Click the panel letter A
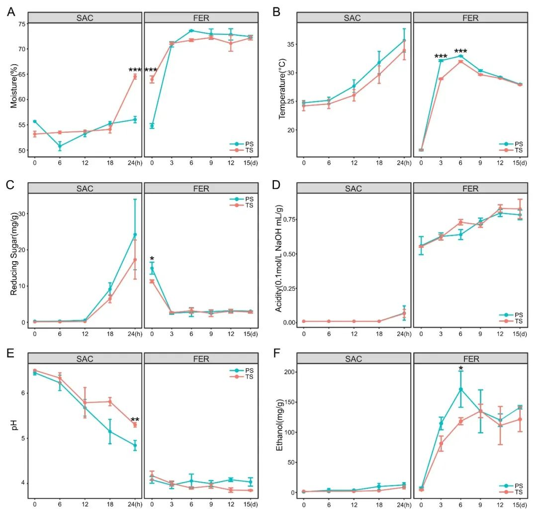10,11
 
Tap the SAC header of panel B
354,18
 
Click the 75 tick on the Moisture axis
21,24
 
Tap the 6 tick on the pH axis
23,393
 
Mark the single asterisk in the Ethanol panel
461,369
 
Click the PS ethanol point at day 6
461,389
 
